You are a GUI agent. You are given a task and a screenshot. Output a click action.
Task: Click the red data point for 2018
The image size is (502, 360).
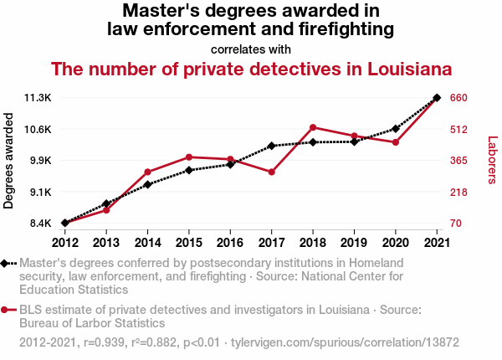[x=313, y=127]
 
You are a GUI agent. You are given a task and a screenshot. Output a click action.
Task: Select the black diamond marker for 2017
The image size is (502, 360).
[x=272, y=146]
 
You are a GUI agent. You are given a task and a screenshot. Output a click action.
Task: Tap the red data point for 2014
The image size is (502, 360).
[x=147, y=172]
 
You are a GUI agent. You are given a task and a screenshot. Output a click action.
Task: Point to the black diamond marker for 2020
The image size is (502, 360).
[x=395, y=129]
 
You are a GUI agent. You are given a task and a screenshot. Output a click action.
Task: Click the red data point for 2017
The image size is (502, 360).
[x=272, y=172]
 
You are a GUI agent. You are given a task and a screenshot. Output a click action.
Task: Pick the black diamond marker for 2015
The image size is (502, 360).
[x=189, y=170]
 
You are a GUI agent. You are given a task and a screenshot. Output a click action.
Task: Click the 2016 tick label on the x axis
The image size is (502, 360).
[x=230, y=243]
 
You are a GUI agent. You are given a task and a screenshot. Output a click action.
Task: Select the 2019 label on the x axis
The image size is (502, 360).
[x=354, y=243]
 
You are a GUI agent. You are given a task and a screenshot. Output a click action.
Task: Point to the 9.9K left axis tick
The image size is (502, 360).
[x=39, y=161]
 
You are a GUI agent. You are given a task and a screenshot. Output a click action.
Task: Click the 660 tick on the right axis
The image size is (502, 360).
[x=458, y=98]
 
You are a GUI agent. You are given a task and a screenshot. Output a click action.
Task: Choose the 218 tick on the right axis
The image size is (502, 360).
[x=458, y=193]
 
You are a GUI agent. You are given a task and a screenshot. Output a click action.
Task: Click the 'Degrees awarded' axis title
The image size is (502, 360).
[x=9, y=160]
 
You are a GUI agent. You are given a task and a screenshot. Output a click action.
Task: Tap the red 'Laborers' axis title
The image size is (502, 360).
[x=492, y=160]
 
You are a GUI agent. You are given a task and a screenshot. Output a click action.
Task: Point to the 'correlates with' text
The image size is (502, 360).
[x=250, y=49]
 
